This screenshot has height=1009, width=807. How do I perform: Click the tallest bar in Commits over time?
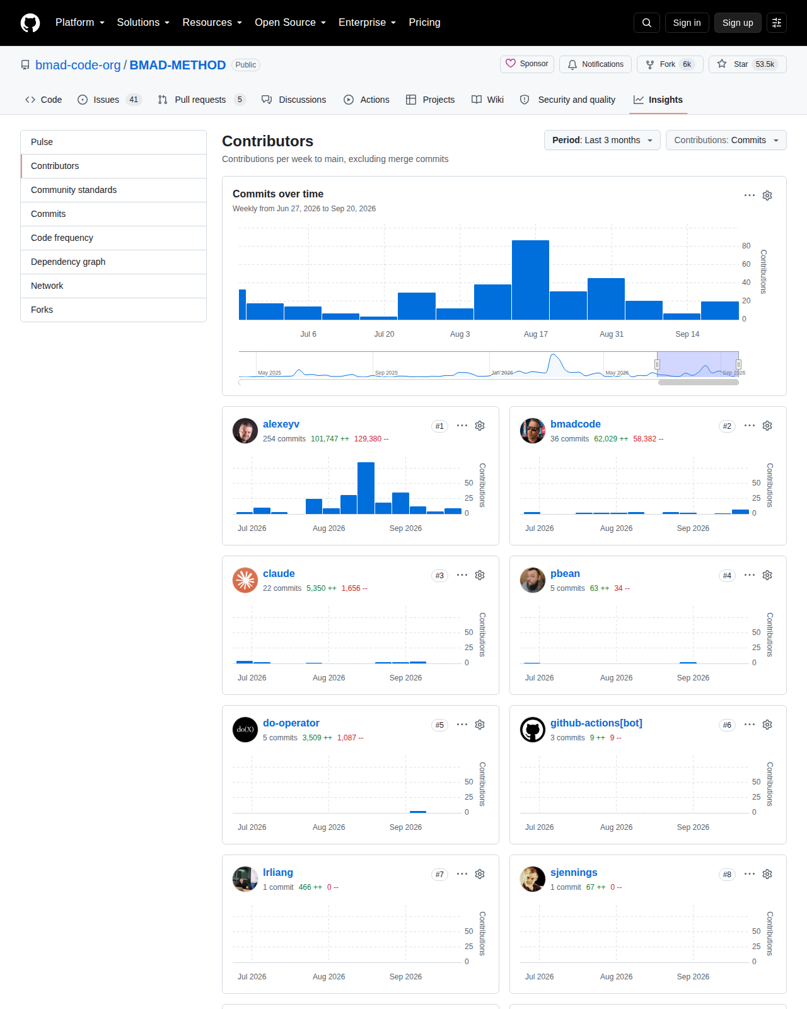coord(530,280)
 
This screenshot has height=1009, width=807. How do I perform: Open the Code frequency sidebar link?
coord(62,238)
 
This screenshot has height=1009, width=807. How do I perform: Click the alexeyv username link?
coord(281,424)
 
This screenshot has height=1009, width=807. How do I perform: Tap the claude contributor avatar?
coord(245,580)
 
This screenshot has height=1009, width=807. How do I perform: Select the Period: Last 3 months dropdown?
coord(602,140)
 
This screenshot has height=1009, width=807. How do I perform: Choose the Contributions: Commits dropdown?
coord(726,140)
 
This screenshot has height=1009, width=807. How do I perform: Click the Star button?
coord(748,64)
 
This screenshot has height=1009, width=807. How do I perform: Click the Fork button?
coord(670,64)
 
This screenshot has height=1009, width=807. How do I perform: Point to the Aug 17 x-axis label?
coord(535,334)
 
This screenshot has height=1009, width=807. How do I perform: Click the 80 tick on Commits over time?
coord(746,246)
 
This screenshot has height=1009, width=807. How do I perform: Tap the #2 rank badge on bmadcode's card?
coord(727,426)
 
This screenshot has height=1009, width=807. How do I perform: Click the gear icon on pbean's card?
coord(767,575)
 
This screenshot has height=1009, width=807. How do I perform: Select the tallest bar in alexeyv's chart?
coord(366,488)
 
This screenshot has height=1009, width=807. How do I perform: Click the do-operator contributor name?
coord(291,723)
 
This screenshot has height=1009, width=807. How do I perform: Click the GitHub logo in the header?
coord(30,23)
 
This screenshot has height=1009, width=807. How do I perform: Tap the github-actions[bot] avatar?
coord(532,730)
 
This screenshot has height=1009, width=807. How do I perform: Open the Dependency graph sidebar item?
coord(68,262)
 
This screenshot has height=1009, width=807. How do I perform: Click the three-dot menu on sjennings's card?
coord(750,874)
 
